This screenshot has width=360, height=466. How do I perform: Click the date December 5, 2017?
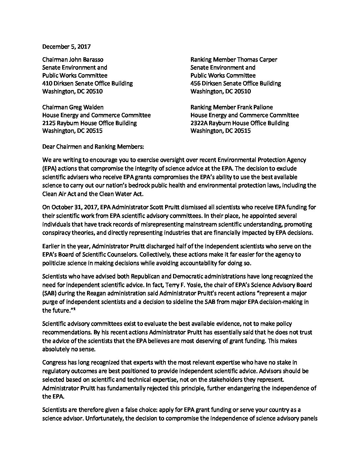67,47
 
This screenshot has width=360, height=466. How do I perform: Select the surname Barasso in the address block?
92,60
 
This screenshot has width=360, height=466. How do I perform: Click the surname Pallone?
261,107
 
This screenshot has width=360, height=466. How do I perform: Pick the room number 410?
48,83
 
